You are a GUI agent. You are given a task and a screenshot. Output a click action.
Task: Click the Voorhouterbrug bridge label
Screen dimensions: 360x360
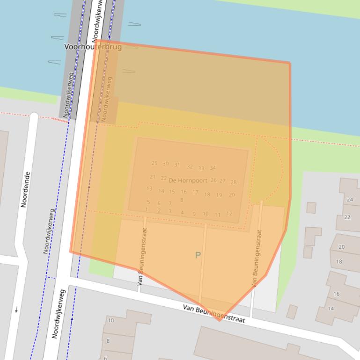click(93, 47)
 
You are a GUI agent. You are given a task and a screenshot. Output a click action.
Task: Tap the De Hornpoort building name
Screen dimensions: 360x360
click(188, 180)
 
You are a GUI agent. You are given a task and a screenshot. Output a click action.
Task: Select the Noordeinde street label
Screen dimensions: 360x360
click(26, 189)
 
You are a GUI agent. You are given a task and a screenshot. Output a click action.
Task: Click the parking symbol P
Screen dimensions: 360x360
click(198, 255)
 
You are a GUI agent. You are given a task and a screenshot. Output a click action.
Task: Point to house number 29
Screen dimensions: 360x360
click(154, 163)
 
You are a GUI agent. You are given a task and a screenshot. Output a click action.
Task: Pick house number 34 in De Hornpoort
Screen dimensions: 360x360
click(213, 168)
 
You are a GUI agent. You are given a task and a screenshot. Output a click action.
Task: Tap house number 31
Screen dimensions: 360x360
click(177, 165)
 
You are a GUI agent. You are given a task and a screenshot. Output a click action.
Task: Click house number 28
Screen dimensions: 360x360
click(233, 182)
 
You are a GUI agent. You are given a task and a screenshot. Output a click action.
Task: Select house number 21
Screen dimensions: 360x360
click(153, 177)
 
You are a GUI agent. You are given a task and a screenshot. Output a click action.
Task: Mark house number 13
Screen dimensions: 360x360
click(149, 189)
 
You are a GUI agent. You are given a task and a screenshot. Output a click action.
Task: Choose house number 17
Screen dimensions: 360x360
click(195, 192)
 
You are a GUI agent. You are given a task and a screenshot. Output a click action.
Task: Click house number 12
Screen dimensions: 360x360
click(229, 214)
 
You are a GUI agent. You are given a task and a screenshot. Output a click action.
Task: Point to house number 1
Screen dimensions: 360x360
click(147, 210)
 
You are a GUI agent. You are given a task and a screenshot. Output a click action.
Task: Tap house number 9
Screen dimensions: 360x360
click(194, 214)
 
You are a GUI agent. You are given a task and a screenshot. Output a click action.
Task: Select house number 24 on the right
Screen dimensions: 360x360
click(350, 200)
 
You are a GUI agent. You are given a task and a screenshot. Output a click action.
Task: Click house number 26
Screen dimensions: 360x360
click(213, 180)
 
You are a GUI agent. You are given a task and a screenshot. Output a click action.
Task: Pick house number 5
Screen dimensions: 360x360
click(148, 202)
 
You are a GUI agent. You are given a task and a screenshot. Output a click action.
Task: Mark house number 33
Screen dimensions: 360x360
click(201, 168)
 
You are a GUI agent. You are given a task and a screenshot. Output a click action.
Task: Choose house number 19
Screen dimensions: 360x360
click(219, 195)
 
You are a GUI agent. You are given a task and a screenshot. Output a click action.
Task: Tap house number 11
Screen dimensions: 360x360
click(217, 215)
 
